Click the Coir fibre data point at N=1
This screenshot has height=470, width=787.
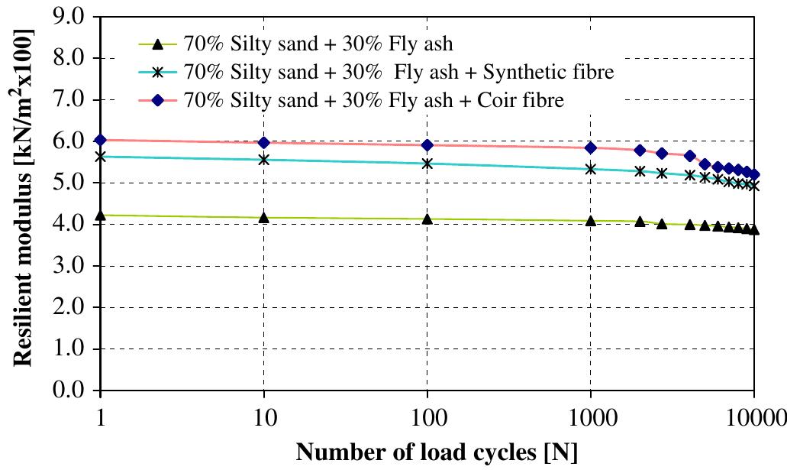(101, 140)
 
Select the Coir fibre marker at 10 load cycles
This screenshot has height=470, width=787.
(264, 143)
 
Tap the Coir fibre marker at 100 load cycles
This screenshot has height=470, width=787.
(427, 145)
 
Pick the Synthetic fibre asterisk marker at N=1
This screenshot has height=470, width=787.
(101, 156)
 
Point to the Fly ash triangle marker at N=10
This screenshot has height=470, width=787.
(264, 218)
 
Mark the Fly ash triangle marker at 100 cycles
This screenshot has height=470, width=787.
(427, 219)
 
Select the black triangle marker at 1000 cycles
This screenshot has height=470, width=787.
(591, 221)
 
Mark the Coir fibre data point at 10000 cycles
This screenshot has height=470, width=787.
(754, 174)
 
